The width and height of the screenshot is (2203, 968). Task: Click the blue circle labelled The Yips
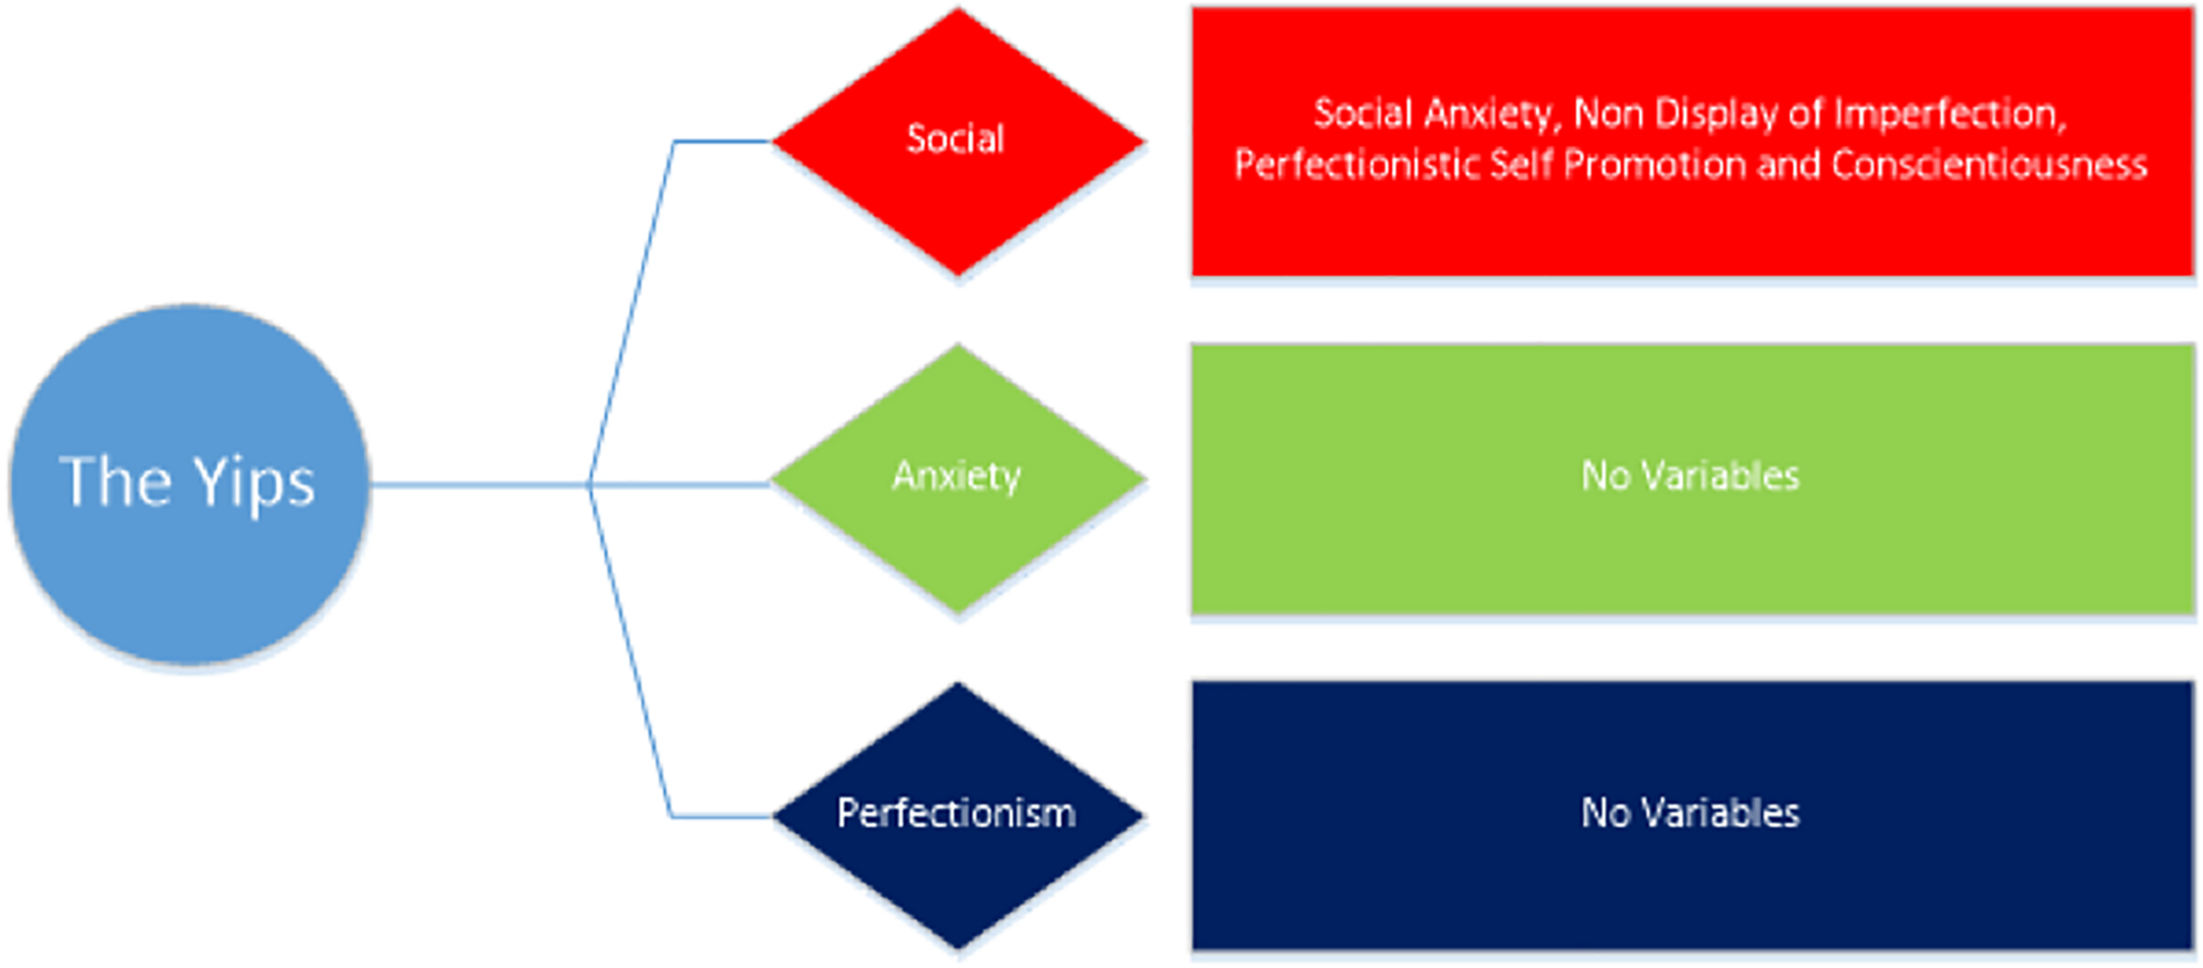189,564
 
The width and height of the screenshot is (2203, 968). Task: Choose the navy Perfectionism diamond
957,881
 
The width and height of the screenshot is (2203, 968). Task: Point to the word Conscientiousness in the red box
1989,165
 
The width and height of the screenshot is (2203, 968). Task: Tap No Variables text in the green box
1689,477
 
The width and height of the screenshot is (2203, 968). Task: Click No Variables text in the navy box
1689,813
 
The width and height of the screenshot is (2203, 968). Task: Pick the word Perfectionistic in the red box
1356,165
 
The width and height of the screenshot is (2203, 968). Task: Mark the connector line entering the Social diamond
723,141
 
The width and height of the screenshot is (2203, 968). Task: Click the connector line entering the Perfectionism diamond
723,817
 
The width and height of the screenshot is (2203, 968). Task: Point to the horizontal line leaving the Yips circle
476,484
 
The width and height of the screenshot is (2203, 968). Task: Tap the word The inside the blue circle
115,482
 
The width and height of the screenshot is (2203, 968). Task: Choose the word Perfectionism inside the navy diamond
956,813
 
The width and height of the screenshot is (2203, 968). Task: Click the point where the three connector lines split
590,484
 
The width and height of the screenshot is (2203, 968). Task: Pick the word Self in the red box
1524,165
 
